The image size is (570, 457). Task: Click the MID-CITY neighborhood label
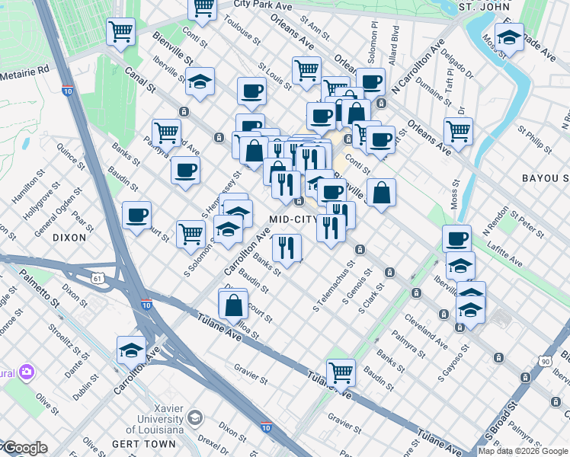click(293, 219)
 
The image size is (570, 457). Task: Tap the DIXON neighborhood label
click(70, 238)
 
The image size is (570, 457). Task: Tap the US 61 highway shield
click(98, 279)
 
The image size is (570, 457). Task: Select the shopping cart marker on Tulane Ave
click(341, 372)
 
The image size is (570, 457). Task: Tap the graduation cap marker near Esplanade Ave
click(508, 36)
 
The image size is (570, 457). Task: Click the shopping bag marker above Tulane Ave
click(234, 305)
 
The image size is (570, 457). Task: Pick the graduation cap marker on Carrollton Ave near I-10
click(131, 350)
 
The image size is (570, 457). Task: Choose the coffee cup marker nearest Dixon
click(136, 215)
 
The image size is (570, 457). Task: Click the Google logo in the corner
click(24, 448)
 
